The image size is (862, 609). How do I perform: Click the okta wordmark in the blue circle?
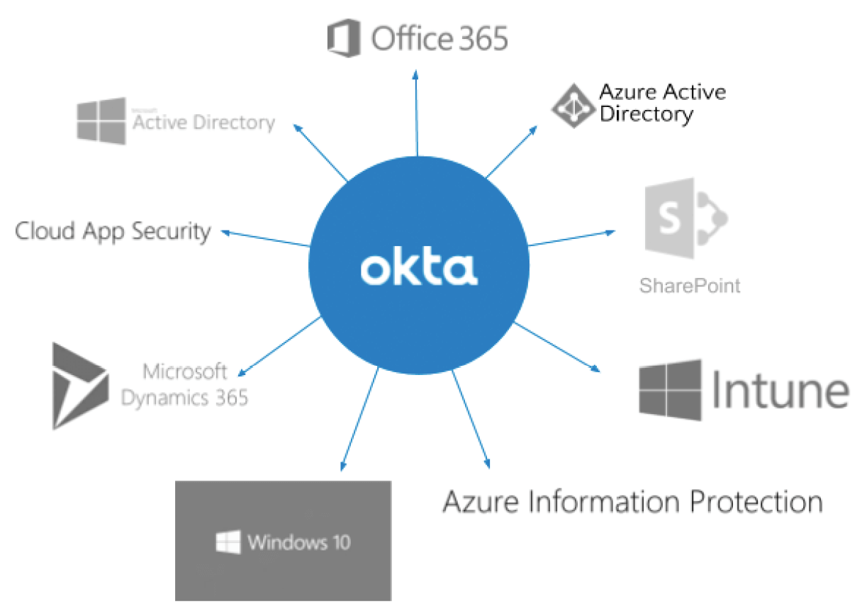pyautogui.click(x=418, y=268)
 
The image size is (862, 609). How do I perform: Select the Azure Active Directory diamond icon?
pyautogui.click(x=573, y=106)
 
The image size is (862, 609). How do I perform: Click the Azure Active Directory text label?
pyautogui.click(x=661, y=103)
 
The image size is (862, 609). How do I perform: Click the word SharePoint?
pyautogui.click(x=689, y=286)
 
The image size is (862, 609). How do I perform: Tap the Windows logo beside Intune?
pyautogui.click(x=670, y=389)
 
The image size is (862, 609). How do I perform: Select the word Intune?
pyautogui.click(x=780, y=390)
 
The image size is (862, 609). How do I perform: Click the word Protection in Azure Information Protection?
pyautogui.click(x=755, y=501)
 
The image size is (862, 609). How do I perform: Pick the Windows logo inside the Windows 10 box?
pyautogui.click(x=228, y=543)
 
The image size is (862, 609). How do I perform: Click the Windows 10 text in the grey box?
pyautogui.click(x=298, y=543)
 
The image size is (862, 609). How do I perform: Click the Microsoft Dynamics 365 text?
pyautogui.click(x=184, y=384)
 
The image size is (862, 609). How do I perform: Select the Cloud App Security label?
pyautogui.click(x=113, y=231)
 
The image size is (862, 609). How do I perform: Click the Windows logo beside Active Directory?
pyautogui.click(x=101, y=121)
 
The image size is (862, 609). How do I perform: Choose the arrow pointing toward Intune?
pyautogui.click(x=556, y=347)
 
